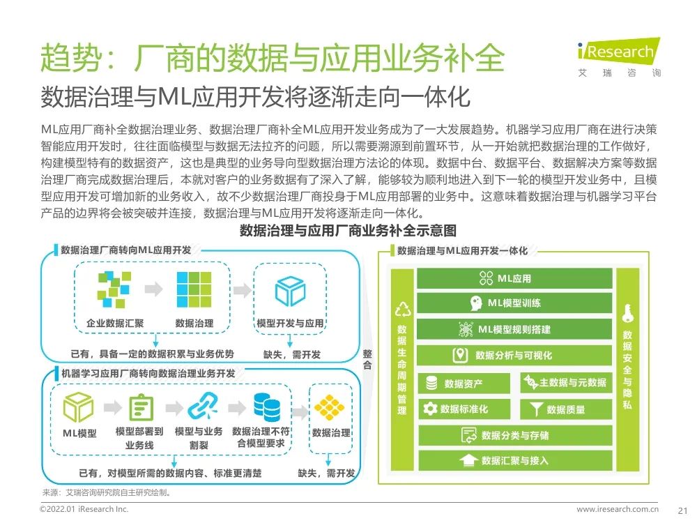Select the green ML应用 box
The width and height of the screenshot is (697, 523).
click(x=514, y=278)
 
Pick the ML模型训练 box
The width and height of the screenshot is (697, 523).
click(x=514, y=303)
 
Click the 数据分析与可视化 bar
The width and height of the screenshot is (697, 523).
click(x=514, y=355)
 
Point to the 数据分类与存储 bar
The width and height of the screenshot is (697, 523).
click(x=514, y=435)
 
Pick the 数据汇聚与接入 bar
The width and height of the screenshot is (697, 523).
click(x=514, y=460)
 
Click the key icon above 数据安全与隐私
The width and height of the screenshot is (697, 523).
click(x=627, y=311)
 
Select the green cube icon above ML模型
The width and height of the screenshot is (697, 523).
click(x=79, y=407)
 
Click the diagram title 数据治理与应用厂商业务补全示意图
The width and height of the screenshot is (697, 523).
click(x=348, y=231)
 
